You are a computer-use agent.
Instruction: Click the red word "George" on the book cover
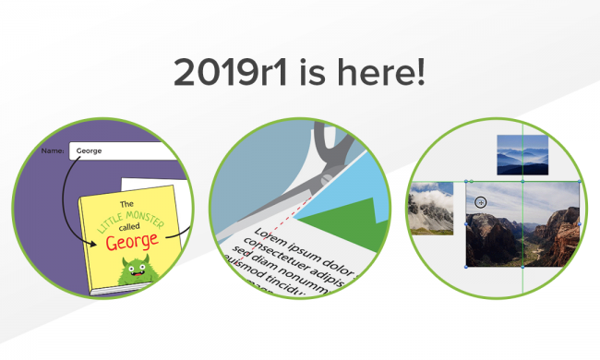(134, 243)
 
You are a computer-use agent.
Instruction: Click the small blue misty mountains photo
(522, 154)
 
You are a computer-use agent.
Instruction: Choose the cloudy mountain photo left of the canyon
(431, 207)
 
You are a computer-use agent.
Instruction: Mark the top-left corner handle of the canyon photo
(466, 182)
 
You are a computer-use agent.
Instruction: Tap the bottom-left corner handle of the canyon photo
(466, 268)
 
